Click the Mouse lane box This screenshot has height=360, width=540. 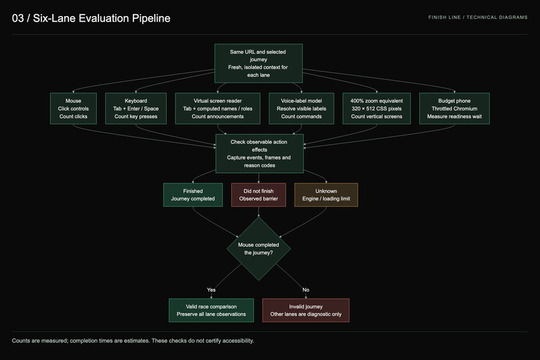(x=73, y=109)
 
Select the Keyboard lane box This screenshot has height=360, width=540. (x=136, y=109)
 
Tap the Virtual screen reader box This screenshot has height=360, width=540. (x=218, y=109)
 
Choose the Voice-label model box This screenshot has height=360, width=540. (x=301, y=109)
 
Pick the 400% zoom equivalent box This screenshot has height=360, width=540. (x=377, y=109)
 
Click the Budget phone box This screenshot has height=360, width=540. (x=454, y=109)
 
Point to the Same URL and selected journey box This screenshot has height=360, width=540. (x=259, y=64)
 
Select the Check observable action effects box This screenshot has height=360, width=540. (x=259, y=154)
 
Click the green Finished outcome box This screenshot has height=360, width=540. (x=193, y=195)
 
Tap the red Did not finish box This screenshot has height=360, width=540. (x=259, y=195)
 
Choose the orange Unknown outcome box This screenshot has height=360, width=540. (x=326, y=195)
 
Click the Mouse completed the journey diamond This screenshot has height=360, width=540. (x=259, y=249)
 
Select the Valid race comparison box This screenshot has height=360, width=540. (x=211, y=310)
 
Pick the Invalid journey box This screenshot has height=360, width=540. (x=306, y=310)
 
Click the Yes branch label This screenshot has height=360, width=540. (x=211, y=290)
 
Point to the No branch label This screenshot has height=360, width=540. (x=306, y=290)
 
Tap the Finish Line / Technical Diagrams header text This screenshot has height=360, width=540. (x=478, y=17)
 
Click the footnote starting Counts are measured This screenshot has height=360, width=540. (x=133, y=341)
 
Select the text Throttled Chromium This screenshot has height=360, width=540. (x=454, y=109)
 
